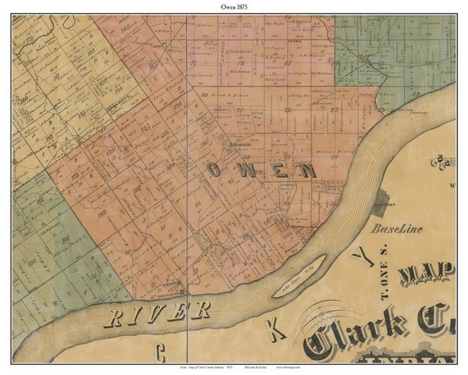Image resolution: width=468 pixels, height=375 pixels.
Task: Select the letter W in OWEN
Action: coord(247,170)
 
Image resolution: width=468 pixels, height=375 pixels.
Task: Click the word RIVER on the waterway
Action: coord(157,312)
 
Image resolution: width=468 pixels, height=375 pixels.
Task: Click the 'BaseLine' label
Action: coord(395,231)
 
